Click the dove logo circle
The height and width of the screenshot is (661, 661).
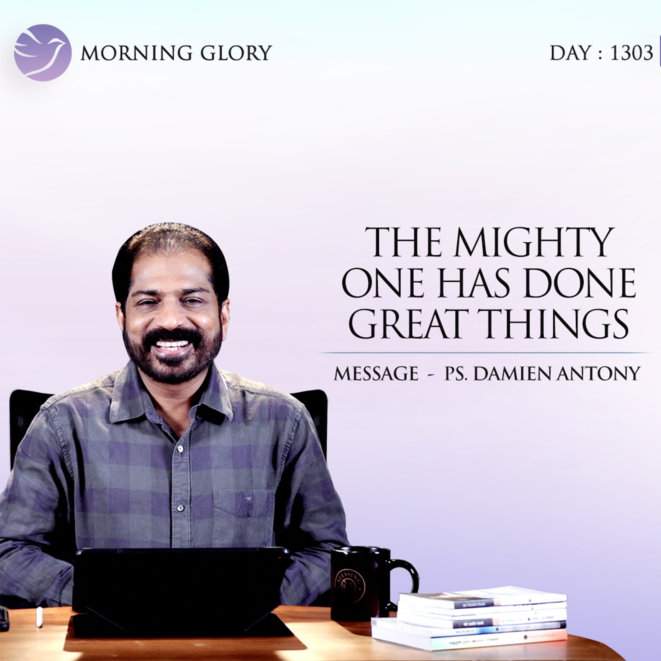[x=43, y=53]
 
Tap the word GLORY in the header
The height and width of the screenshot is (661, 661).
[x=236, y=53]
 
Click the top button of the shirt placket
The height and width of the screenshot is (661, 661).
[x=179, y=448]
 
